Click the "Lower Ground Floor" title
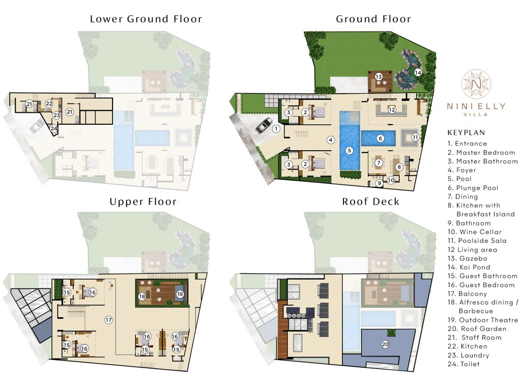point(146,19)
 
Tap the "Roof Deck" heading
point(370,202)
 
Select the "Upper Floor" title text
point(143,202)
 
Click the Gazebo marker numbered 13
point(379,76)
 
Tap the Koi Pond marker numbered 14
point(418,72)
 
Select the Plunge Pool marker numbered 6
point(379,137)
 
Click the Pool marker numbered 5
point(349,150)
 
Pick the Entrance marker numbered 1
point(276,129)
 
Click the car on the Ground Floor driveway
point(264,125)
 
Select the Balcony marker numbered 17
point(108,320)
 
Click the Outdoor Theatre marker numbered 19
point(180,294)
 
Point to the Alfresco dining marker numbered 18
point(142,296)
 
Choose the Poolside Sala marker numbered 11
point(415,136)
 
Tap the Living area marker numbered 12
point(392,109)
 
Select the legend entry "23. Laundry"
point(468,355)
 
